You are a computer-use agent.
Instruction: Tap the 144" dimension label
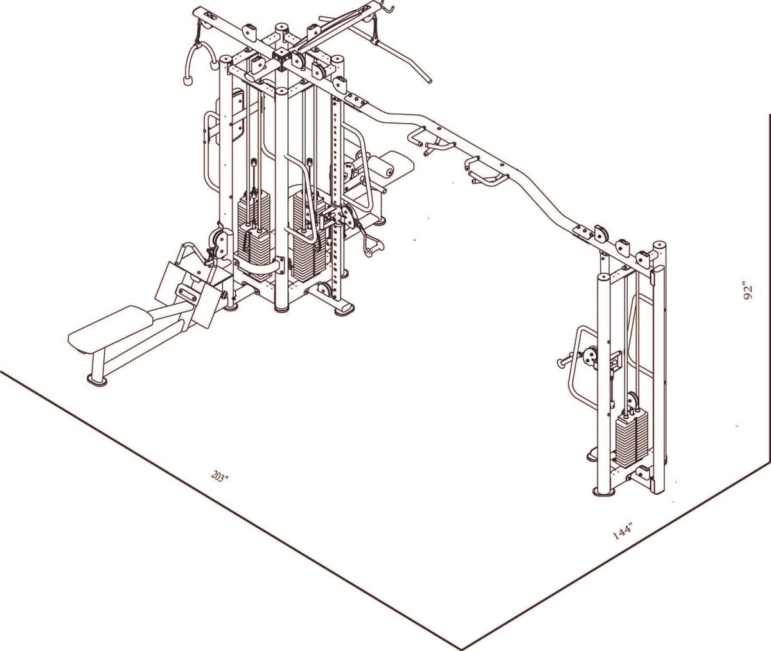623,532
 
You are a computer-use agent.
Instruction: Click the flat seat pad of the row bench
109,328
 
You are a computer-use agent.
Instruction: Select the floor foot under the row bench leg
97,381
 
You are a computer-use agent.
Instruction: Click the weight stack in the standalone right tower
629,440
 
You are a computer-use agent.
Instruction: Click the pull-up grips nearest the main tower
427,141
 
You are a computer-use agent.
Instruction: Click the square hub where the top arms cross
281,55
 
